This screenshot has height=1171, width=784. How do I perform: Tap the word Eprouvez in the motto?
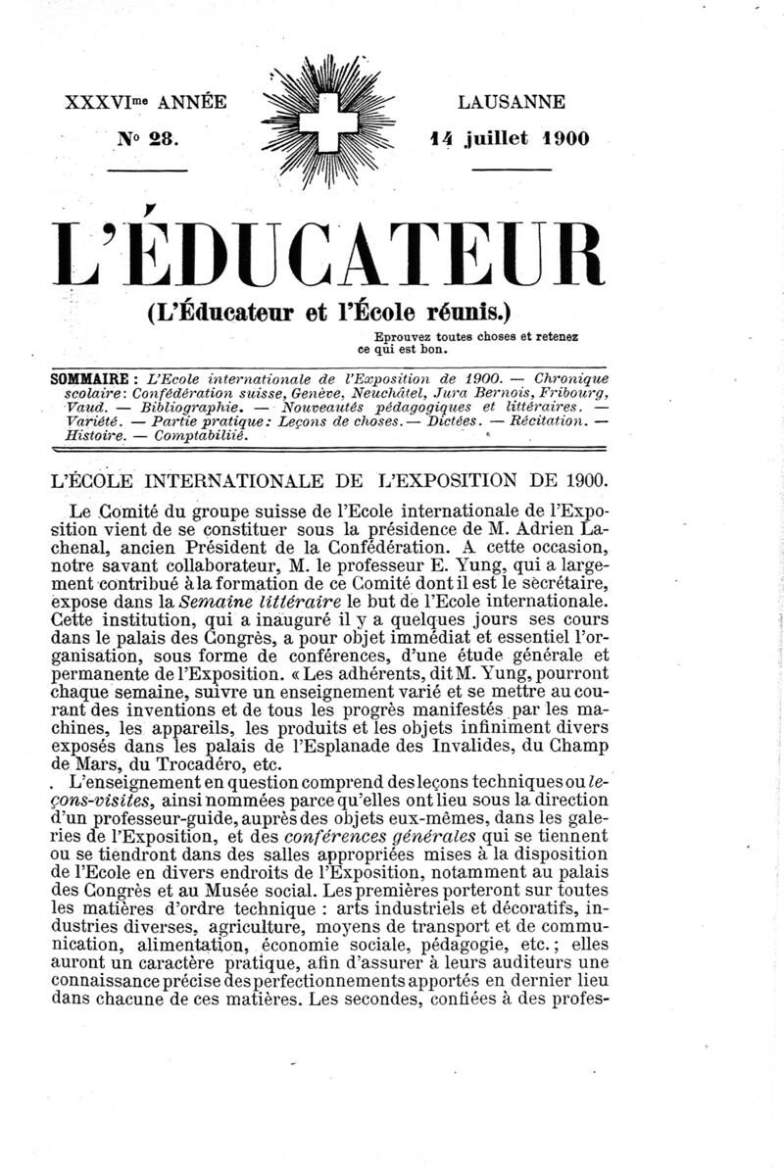coord(391,337)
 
